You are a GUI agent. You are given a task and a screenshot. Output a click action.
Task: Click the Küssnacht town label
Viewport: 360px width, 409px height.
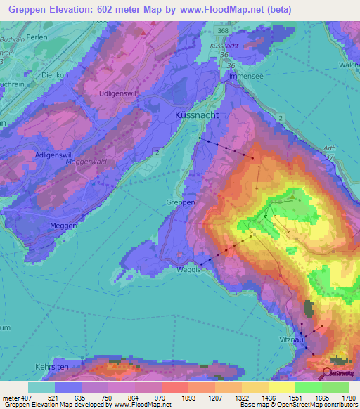197,114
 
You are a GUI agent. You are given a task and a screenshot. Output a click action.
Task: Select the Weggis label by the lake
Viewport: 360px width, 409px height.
188,270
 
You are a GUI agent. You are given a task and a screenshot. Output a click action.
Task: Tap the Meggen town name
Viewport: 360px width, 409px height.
64,225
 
